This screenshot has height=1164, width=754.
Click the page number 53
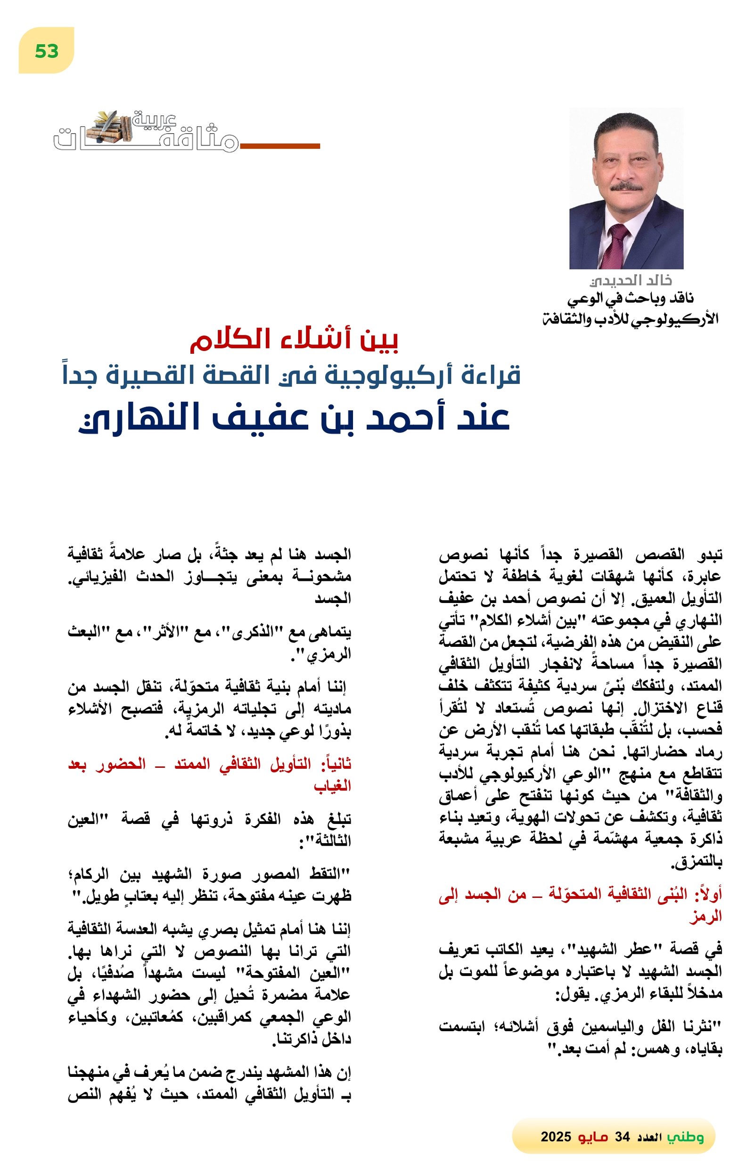[x=47, y=51]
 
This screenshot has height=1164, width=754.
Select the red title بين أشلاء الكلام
[x=295, y=341]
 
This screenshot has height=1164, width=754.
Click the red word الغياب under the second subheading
[x=333, y=786]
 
